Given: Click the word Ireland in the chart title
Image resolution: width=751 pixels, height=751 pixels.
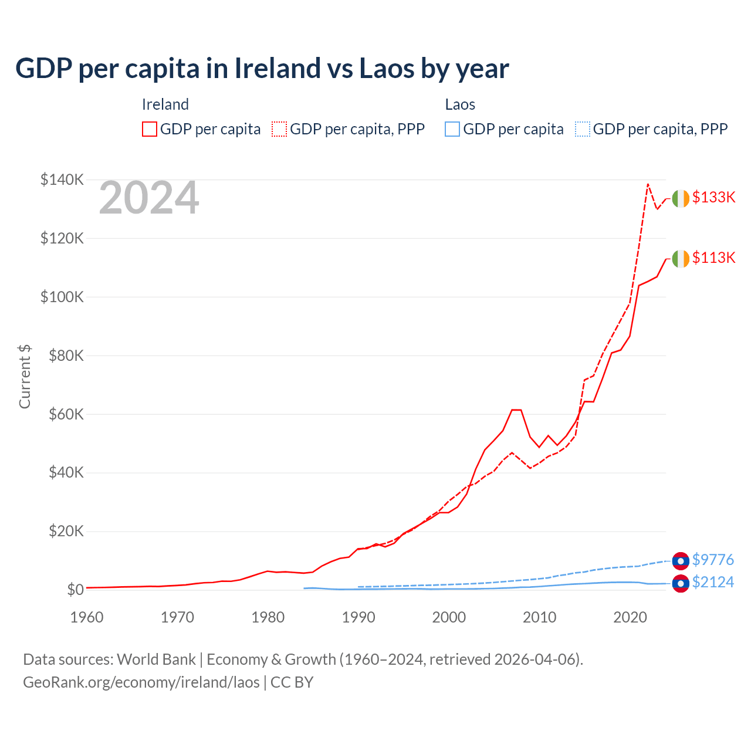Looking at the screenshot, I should pos(277,69).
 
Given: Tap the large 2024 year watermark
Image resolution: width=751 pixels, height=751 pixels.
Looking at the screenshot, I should pos(149,198).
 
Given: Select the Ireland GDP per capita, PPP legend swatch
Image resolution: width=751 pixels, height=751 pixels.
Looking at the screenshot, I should pos(279,129).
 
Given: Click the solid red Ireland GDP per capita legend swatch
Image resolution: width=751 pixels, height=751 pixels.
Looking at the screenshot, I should pos(150,129).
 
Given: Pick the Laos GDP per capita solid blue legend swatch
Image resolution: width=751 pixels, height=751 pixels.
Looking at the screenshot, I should pos(452,129).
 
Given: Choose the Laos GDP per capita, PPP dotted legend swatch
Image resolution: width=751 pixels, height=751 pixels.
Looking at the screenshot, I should pos(583,129).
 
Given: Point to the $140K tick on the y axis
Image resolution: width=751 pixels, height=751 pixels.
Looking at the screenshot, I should pos(62,180).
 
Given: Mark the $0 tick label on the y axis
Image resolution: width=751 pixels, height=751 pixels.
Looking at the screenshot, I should pos(75,590).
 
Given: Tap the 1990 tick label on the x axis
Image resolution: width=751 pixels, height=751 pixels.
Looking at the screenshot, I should pos(358,617).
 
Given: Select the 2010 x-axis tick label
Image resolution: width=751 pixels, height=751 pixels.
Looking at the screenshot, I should pos(540,617).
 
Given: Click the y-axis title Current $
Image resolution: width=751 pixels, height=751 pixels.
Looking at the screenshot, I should pos(25,376).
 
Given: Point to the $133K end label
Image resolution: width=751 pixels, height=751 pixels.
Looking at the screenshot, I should pos(713,197).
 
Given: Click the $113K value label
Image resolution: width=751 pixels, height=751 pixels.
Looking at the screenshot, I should pos(713,258).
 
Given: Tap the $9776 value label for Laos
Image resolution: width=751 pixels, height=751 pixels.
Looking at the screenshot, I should pos(713,560).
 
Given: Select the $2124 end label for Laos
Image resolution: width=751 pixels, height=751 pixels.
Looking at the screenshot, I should pos(713,582).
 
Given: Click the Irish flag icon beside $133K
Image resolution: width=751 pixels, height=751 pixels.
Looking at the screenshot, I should pos(681,199).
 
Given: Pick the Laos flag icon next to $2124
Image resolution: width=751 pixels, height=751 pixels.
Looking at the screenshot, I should pos(681,584).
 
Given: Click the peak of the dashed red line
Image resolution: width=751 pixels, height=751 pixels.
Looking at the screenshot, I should pos(648,184).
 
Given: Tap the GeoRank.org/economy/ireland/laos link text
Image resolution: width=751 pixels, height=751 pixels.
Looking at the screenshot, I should pos(141,682).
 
